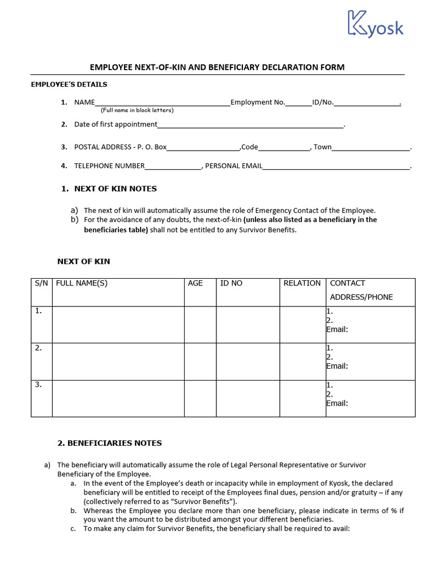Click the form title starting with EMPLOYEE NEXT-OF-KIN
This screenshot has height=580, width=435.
pyautogui.click(x=217, y=67)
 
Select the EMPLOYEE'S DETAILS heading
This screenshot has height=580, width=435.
pyautogui.click(x=69, y=84)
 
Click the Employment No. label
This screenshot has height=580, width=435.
pyautogui.click(x=257, y=103)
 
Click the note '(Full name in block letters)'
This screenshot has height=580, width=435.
pyautogui.click(x=137, y=110)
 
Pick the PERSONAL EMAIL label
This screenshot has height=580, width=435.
pyautogui.click(x=233, y=166)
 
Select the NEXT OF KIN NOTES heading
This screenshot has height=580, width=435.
pyautogui.click(x=109, y=189)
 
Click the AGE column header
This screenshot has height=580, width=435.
pyautogui.click(x=195, y=283)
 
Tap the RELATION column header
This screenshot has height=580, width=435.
pyautogui.click(x=302, y=283)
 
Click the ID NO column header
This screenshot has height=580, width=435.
pyautogui.click(x=231, y=283)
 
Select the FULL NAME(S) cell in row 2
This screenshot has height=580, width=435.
pyautogui.click(x=118, y=361)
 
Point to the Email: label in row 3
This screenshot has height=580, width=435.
pyautogui.click(x=337, y=403)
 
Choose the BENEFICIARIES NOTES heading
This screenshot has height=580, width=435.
pyautogui.click(x=110, y=443)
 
